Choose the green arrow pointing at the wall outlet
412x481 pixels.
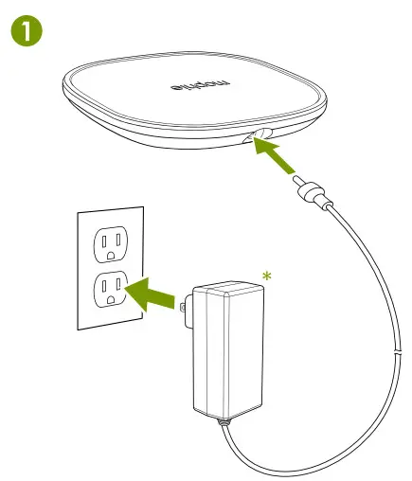click(153, 296)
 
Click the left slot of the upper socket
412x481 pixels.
click(99, 240)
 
